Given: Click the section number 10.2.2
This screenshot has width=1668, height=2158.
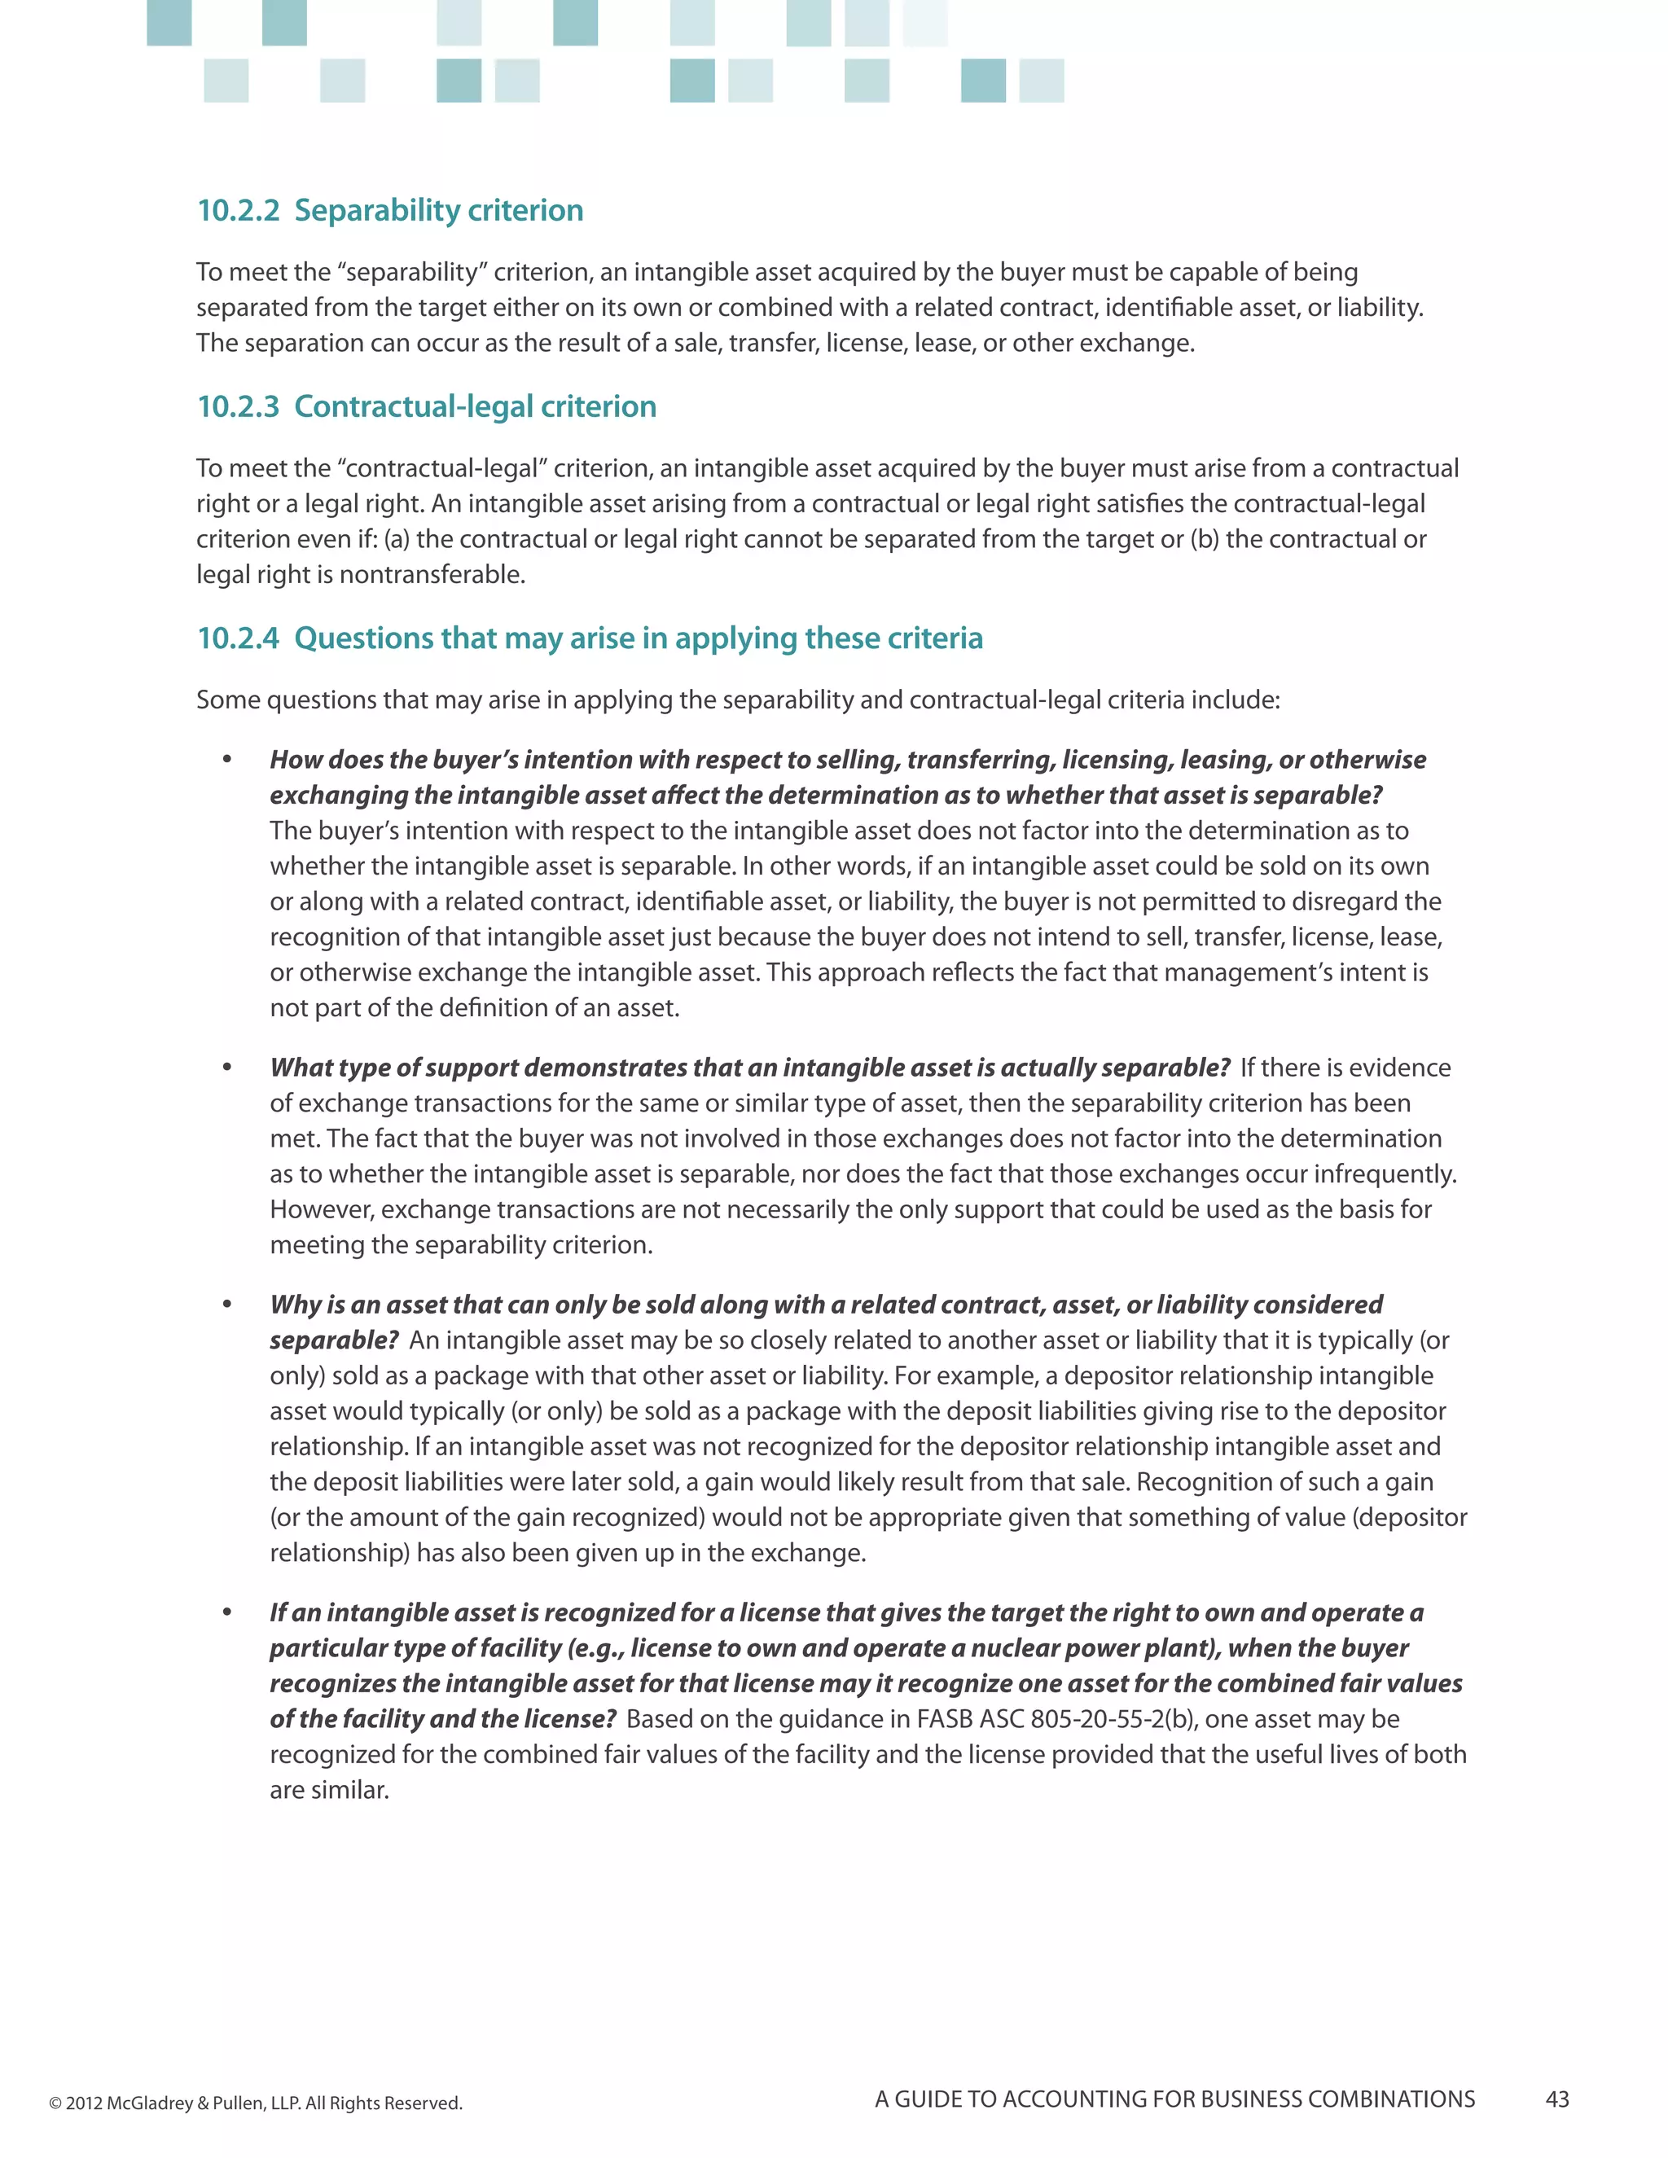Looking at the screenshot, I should tap(238, 210).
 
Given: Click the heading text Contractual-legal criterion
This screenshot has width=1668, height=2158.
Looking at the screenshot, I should tap(476, 406).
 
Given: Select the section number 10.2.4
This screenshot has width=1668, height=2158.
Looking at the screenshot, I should tap(238, 638).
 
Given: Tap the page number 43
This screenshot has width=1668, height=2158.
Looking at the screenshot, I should tap(1557, 2099).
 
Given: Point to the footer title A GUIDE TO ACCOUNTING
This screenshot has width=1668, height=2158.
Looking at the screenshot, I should tap(1174, 2099).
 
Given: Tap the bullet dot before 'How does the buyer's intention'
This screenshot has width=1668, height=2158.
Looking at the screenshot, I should tap(227, 759).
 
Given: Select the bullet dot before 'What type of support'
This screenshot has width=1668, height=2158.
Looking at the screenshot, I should tap(227, 1067).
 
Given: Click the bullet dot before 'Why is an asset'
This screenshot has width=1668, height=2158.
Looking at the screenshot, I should tap(227, 1305).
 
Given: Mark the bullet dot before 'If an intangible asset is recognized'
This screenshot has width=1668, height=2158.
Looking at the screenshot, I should tap(227, 1612).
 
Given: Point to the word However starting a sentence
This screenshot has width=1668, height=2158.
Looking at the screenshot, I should tap(321, 1209).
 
